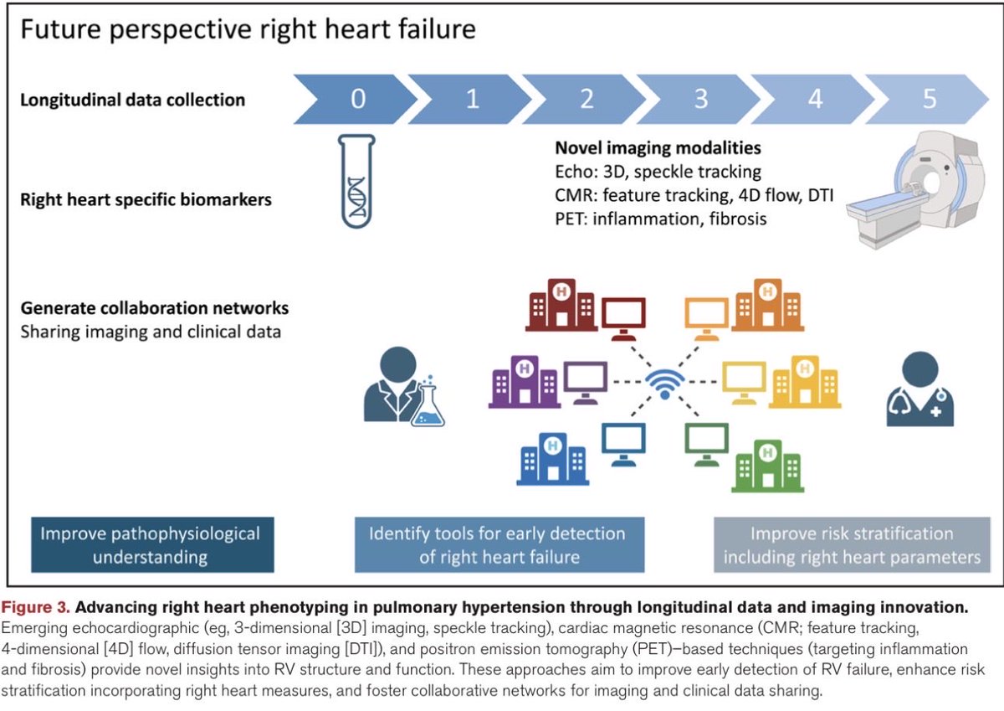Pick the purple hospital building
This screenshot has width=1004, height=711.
point(523,383)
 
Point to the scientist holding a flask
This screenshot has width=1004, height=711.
point(402,389)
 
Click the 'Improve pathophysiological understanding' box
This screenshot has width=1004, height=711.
point(151,544)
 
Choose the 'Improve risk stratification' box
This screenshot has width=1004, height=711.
point(851,544)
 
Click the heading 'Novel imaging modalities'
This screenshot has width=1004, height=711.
point(658,147)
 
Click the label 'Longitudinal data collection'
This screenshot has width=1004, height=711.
point(132,100)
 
